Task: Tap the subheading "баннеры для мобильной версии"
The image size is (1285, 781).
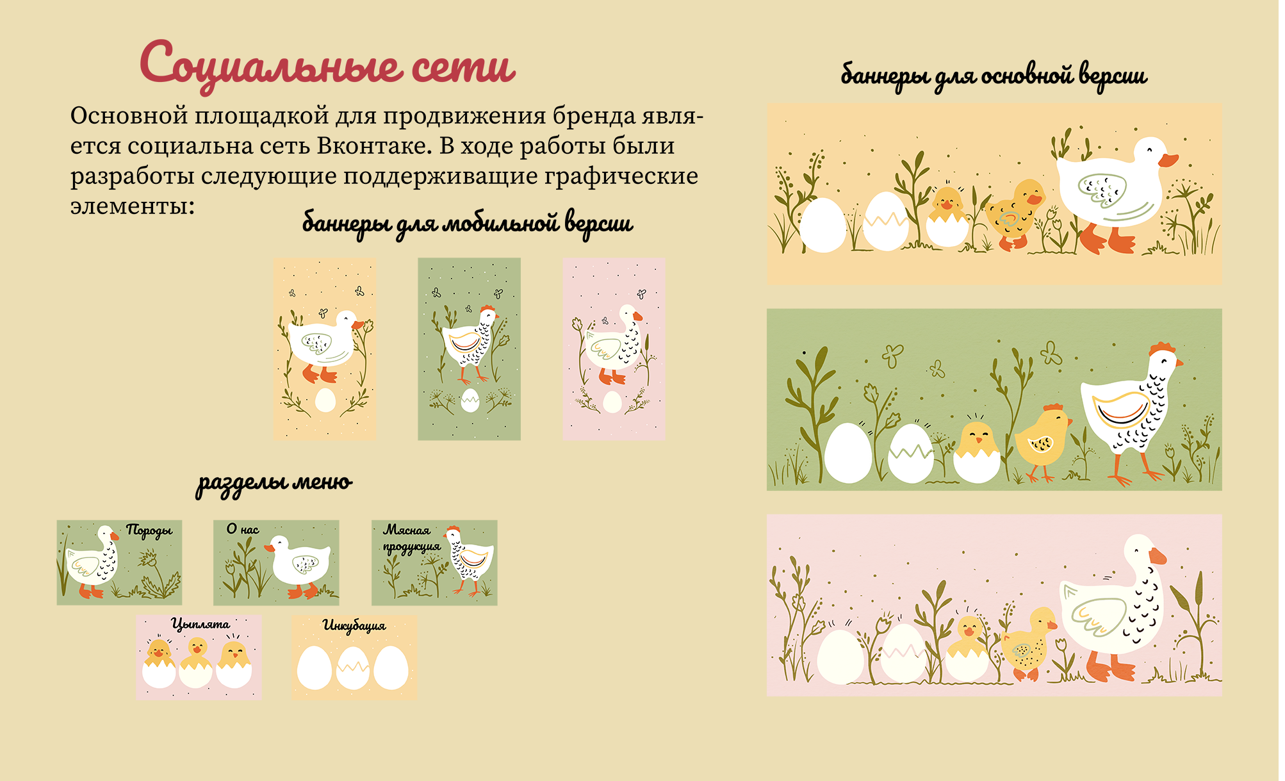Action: click(467, 224)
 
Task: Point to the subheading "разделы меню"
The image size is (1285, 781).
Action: click(274, 484)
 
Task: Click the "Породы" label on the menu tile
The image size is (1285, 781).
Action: click(149, 531)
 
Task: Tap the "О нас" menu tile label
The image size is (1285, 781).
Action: click(243, 529)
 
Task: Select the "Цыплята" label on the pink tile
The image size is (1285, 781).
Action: click(201, 624)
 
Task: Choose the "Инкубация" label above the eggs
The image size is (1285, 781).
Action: click(354, 625)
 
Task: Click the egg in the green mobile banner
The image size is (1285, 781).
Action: click(470, 400)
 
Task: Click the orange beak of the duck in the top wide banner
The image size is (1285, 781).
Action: click(1168, 160)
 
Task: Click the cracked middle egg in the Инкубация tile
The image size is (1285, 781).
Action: click(353, 668)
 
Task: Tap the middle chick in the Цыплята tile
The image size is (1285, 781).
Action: click(195, 663)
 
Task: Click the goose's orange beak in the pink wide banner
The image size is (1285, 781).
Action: click(1158, 555)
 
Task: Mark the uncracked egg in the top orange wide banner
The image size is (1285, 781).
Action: click(823, 225)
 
